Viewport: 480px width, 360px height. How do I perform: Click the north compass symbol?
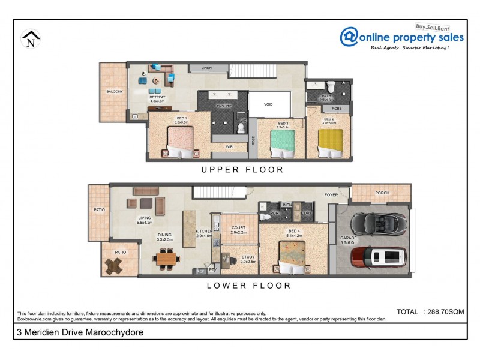tap(31, 39)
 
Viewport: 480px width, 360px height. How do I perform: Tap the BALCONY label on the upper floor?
tap(115, 91)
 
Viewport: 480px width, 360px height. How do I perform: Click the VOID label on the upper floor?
tap(268, 104)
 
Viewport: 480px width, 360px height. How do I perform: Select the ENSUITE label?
tap(224, 106)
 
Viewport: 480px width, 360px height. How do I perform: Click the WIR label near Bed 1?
tap(229, 146)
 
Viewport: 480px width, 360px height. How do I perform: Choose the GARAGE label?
tap(349, 238)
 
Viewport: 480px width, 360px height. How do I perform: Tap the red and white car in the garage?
tap(379, 257)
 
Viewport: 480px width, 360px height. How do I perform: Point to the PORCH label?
tap(382, 193)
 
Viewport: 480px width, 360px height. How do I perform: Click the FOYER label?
tap(331, 195)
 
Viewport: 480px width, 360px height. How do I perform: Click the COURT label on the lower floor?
tap(238, 227)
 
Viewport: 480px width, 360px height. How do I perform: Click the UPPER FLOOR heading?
tap(242, 170)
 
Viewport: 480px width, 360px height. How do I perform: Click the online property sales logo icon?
tap(349, 37)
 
